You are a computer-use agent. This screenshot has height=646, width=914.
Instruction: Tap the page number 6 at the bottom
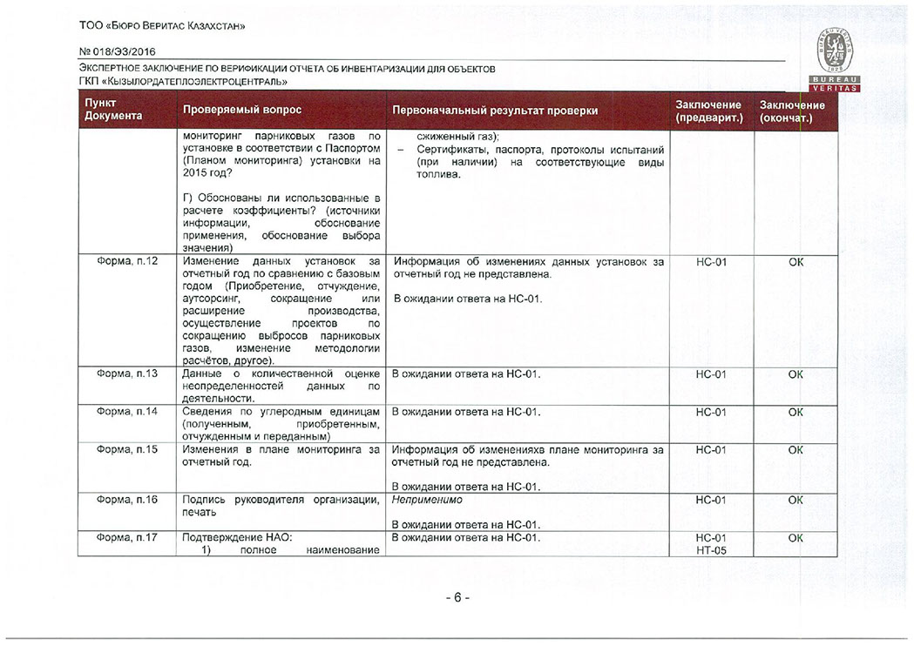pyautogui.click(x=457, y=598)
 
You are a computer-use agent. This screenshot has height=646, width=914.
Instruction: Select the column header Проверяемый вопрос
pyautogui.click(x=241, y=111)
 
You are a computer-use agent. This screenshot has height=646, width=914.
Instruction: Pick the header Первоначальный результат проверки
pyautogui.click(x=495, y=111)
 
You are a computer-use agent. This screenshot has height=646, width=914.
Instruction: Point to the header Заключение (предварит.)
pyautogui.click(x=708, y=111)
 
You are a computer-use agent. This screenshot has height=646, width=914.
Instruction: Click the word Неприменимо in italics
pyautogui.click(x=427, y=500)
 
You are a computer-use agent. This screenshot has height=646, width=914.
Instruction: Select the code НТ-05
pyautogui.click(x=711, y=551)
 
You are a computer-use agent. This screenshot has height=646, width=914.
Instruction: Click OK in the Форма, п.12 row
pyautogui.click(x=796, y=262)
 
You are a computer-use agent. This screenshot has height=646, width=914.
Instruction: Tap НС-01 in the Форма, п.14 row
pyautogui.click(x=711, y=412)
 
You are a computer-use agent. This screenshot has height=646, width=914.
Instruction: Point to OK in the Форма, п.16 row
pyautogui.click(x=796, y=500)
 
